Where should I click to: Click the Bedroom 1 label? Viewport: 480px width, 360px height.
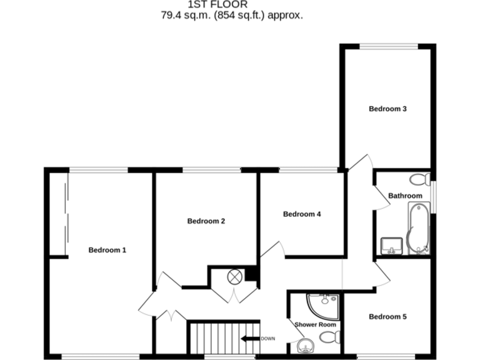coord(107,250)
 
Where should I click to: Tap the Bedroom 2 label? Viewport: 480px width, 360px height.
coord(206,221)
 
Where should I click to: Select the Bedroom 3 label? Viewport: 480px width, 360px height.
coord(387,109)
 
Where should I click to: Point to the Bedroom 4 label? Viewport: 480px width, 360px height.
coord(302,214)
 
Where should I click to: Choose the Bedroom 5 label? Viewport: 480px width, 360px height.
coord(387,317)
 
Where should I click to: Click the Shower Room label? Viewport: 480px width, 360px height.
coord(315,324)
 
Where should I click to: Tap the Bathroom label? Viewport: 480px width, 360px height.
coord(405,196)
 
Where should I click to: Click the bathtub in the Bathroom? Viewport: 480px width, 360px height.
coord(417,228)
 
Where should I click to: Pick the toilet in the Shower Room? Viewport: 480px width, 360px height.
coord(329,338)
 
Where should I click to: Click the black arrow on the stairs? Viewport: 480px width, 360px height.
coord(250,339)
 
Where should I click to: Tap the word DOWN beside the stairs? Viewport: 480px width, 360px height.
coord(267,339)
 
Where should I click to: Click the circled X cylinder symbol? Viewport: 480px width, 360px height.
coord(235,275)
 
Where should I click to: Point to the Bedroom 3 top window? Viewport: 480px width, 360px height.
coord(387,45)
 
